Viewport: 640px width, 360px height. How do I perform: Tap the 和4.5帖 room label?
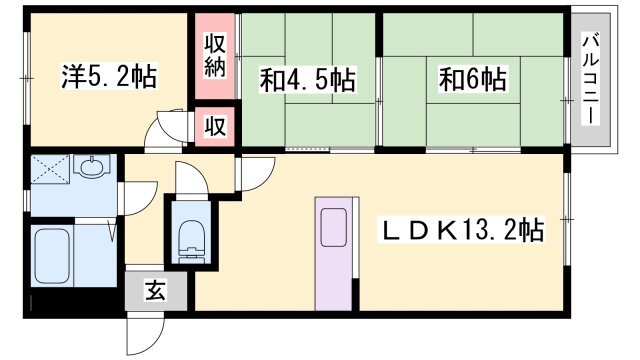pyautogui.click(x=308, y=78)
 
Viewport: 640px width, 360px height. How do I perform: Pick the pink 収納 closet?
pyautogui.click(x=214, y=56)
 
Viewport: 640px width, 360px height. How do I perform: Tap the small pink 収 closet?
pyautogui.click(x=214, y=126)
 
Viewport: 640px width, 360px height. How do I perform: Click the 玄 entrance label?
pyautogui.click(x=157, y=291)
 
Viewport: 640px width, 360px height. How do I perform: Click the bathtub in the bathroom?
pyautogui.click(x=62, y=259)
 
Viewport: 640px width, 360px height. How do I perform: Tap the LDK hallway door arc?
pyautogui.click(x=251, y=170)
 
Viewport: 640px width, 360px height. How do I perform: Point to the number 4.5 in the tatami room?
pyautogui.click(x=312, y=78)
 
